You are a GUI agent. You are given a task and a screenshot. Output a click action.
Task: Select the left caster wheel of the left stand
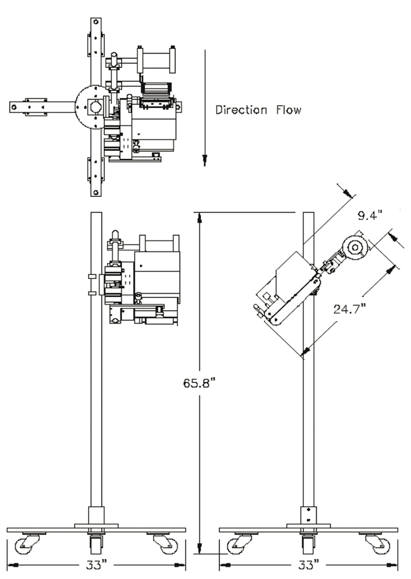pyautogui.click(x=24, y=545)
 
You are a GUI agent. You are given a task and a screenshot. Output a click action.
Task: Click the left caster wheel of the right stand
pyautogui.click(x=237, y=545)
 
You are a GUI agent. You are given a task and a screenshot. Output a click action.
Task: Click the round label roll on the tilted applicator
pyautogui.click(x=355, y=247)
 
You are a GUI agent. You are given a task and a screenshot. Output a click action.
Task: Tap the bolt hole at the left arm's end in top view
pyautogui.click(x=14, y=108)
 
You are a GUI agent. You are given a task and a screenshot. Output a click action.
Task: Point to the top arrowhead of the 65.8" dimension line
pyautogui.click(x=200, y=217)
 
